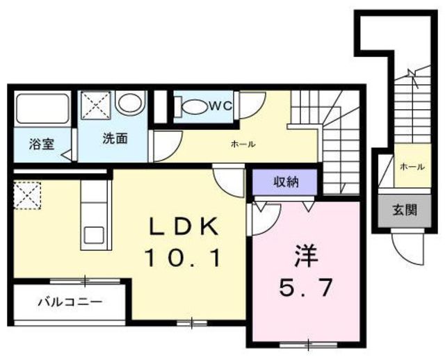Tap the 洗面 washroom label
coord(115,138)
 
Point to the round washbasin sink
coord(129,104)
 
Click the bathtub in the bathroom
coord(40,110)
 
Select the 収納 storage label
coord(285,183)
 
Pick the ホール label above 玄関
coord(413,167)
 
